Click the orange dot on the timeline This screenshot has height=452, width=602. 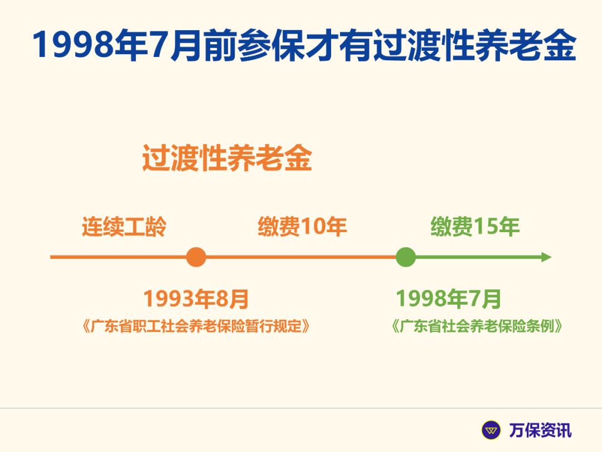click(x=196, y=257)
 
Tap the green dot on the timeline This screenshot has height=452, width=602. click(x=406, y=257)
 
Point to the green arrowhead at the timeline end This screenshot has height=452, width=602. click(x=546, y=257)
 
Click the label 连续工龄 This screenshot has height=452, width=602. click(x=124, y=227)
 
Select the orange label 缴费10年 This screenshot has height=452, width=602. click(x=302, y=227)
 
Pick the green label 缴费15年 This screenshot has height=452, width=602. click(x=475, y=227)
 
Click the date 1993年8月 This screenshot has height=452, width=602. click(x=196, y=299)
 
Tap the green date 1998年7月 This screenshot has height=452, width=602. click(x=449, y=299)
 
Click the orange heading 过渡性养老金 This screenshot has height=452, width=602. click(x=227, y=158)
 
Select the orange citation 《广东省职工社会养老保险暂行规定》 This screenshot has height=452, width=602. click(x=196, y=326)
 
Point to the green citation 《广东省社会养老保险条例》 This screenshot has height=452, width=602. click(x=477, y=326)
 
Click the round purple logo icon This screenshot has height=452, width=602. click(x=492, y=430)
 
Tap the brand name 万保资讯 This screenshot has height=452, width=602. click(x=540, y=430)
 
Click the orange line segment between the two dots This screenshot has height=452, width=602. click(x=301, y=257)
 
